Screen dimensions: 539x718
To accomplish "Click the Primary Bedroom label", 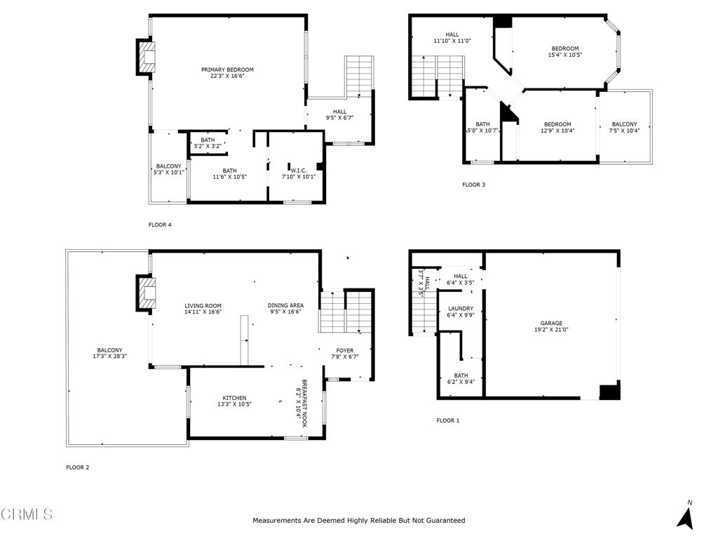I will coord(227,69).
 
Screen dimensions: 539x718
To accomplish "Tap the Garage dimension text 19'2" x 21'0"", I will coord(551,329).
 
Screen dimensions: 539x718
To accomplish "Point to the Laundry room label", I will coord(461,309).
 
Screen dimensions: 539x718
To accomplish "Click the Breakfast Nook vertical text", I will coord(302,399).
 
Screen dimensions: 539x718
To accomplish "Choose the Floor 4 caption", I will coord(160,225).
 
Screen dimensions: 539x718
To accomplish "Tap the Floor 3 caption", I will coord(473,185).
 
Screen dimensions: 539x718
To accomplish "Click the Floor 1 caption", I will coord(448,420).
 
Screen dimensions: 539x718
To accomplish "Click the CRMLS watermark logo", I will coord(27,514).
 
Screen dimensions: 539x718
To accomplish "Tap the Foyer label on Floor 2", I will coord(345,350).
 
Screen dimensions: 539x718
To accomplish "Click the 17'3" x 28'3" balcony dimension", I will coord(109,357).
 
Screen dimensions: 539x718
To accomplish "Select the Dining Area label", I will coord(285,306).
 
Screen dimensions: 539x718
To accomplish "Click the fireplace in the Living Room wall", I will coord(145,293).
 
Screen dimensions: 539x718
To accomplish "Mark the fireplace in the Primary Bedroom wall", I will coord(145,58).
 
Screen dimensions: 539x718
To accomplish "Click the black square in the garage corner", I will coord(610,392).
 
